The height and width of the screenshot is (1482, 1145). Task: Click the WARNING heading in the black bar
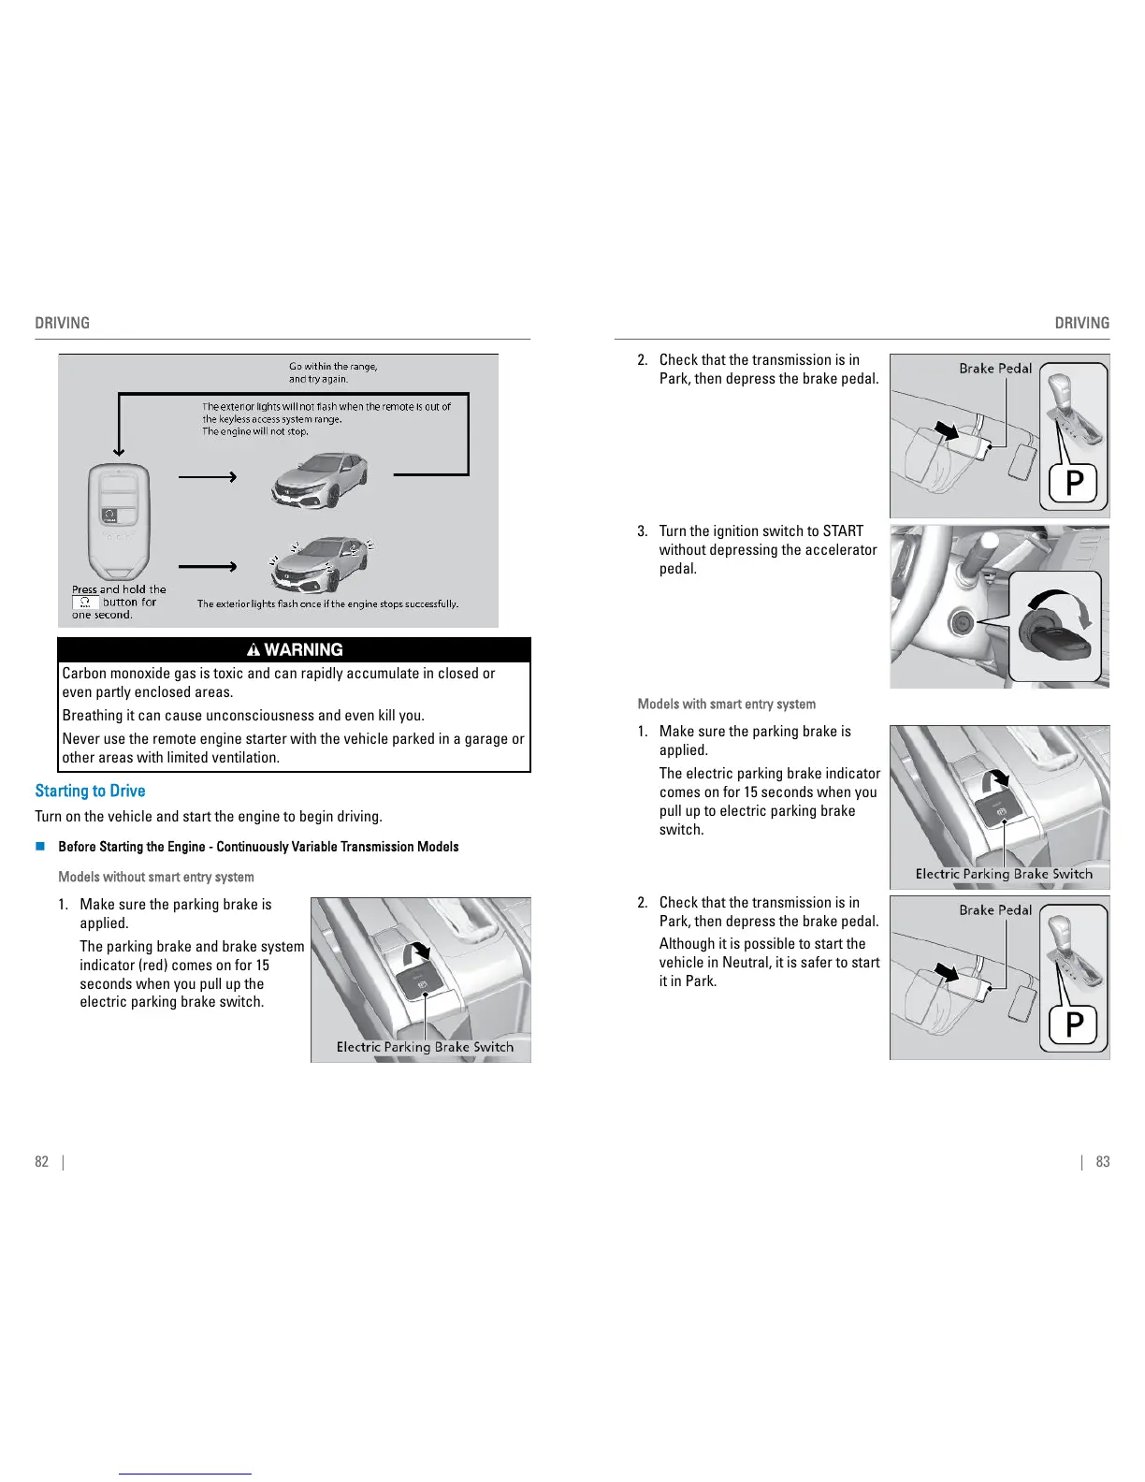(x=303, y=649)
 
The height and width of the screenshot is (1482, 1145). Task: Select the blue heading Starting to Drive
(x=90, y=791)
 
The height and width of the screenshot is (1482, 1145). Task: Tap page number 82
(x=41, y=1161)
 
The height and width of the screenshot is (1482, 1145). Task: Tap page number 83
(x=1103, y=1161)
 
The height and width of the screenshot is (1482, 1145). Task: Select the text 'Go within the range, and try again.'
(x=332, y=372)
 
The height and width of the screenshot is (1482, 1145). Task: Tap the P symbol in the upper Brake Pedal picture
(x=1075, y=483)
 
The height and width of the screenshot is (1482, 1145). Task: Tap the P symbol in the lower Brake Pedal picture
(x=1075, y=1024)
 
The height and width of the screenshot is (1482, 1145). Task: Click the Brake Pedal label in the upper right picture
(x=995, y=369)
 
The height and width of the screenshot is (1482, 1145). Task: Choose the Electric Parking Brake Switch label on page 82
(x=425, y=1047)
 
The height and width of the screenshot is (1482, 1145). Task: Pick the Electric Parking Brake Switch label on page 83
(x=1004, y=874)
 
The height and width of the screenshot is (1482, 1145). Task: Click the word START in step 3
(x=843, y=531)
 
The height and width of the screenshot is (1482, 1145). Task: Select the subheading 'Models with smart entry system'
(x=726, y=704)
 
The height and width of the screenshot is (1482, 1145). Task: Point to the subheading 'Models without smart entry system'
(x=156, y=877)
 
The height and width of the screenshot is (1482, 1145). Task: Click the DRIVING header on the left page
(x=63, y=323)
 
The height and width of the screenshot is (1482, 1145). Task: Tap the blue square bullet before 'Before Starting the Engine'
(x=40, y=847)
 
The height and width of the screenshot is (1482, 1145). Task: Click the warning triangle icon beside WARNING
(x=253, y=649)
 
